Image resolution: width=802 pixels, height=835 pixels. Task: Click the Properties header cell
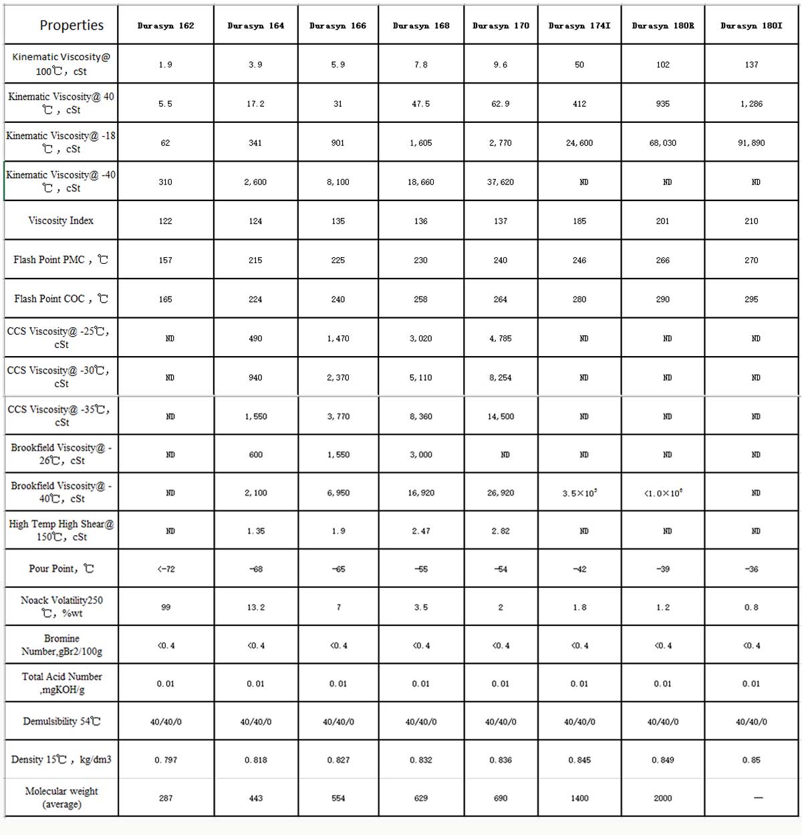72,25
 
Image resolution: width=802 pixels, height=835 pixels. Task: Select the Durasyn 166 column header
338,26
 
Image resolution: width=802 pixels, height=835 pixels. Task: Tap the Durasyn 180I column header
751,26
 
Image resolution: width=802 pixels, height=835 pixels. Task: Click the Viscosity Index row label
61,220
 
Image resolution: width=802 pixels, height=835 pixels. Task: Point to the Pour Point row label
61,568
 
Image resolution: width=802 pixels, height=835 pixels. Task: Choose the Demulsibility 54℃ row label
61,721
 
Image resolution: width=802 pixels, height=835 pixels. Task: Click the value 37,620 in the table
501,182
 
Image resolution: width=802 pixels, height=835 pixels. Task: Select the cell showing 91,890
751,143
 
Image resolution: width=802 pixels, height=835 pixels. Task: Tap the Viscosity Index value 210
751,221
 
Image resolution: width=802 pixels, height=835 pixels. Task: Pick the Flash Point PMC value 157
166,260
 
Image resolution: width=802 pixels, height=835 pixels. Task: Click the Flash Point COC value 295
751,299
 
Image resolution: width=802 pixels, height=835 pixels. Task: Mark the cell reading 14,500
501,416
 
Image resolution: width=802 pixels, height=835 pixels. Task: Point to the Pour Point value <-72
166,569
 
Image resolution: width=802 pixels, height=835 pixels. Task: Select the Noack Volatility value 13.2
256,607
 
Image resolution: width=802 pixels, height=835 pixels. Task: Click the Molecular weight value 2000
662,798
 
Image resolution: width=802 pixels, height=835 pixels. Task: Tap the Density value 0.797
166,760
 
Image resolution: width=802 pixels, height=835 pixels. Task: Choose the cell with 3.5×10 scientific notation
579,493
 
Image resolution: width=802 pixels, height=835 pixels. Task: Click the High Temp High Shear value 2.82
501,531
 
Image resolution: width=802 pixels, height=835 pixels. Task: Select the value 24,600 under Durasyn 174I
579,143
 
